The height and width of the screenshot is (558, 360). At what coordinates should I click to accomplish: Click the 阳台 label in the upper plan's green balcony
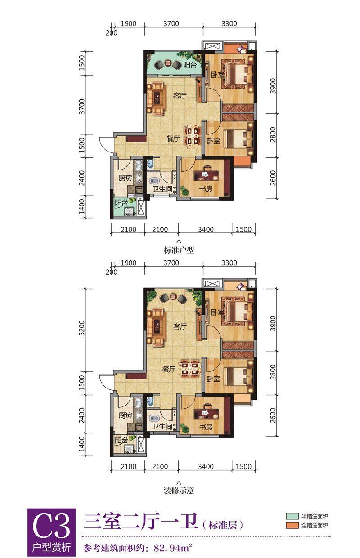click(x=190, y=65)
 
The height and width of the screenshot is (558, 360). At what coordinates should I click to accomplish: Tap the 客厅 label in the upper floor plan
click(x=180, y=95)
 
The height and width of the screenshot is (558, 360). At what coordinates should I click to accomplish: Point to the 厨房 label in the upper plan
click(x=125, y=178)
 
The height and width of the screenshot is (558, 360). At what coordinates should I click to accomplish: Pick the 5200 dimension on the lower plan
click(x=82, y=328)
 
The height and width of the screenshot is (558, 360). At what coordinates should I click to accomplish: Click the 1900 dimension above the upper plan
click(x=129, y=24)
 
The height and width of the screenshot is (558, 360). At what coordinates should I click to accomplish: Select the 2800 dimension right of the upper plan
click(x=273, y=134)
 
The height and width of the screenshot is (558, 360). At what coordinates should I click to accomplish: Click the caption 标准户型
click(x=179, y=250)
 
